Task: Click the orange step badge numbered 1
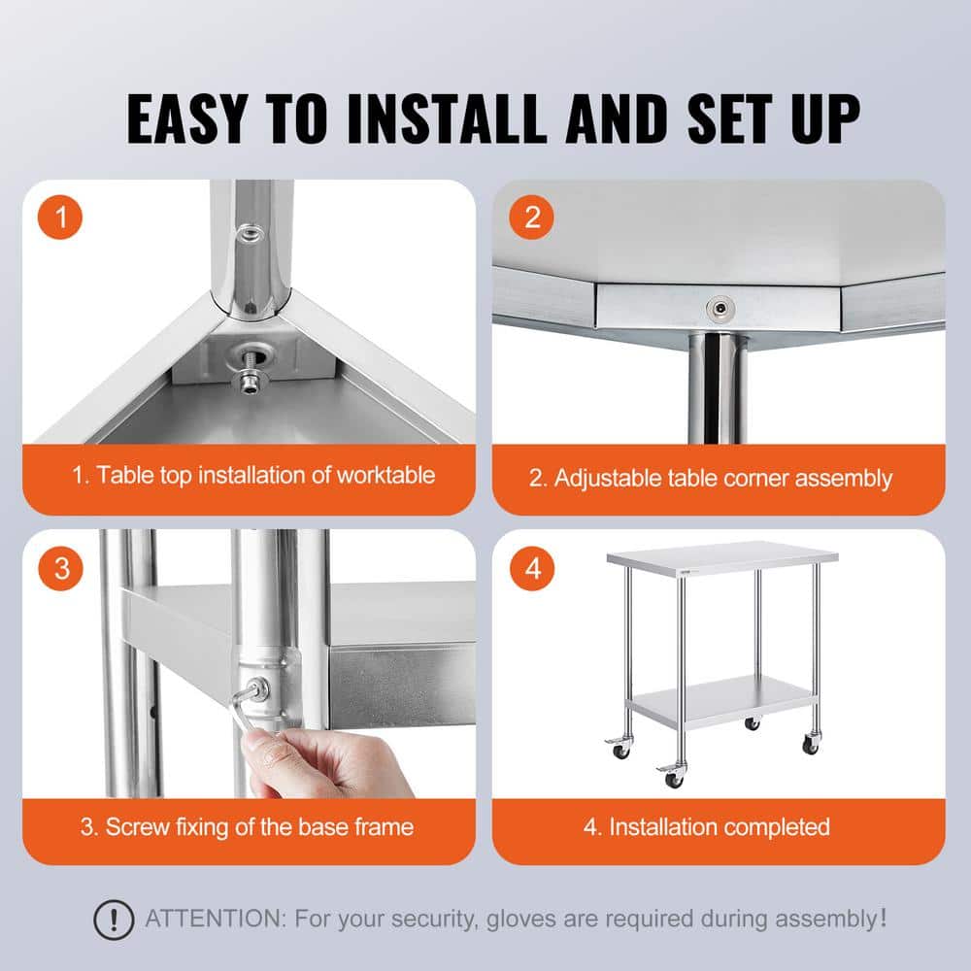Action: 62,218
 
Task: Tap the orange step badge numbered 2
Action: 532,218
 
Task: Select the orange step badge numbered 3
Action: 62,568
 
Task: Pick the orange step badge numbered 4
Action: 532,568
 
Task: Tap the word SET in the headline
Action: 718,118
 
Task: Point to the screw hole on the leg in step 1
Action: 251,233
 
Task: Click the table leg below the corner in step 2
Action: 717,388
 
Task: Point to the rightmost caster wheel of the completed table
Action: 811,745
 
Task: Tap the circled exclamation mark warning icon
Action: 114,918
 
